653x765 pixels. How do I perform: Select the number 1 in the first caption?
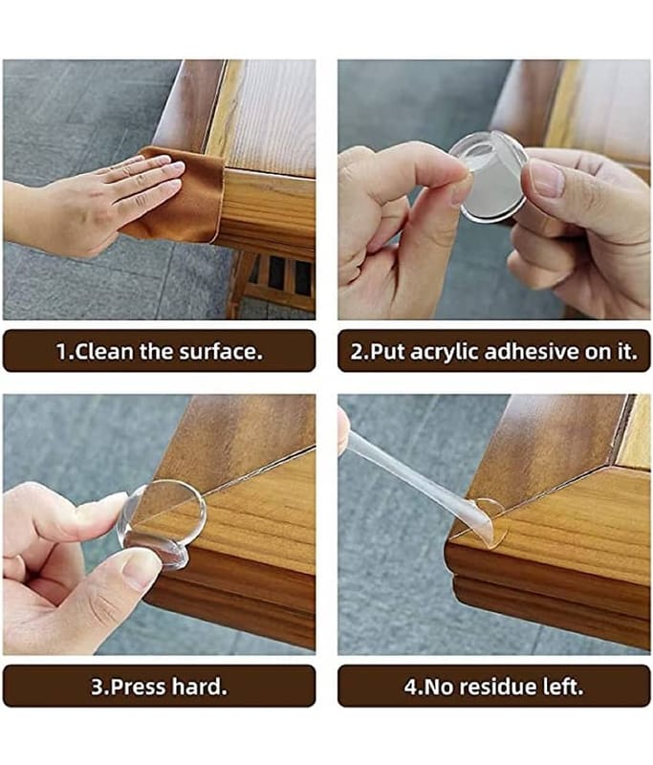coord(61,352)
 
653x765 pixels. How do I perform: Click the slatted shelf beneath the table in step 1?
coord(278,278)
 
